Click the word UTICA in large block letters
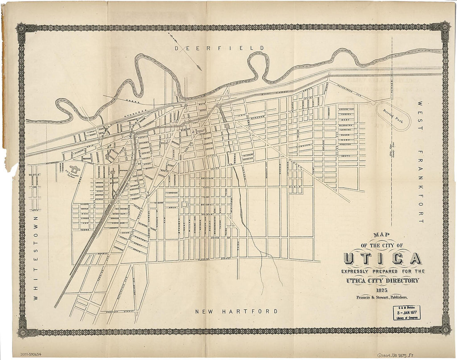382,258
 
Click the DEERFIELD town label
219,48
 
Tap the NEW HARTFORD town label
236,311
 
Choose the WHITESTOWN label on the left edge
35,257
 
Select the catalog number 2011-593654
33,354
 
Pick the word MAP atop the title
382,235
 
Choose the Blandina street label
346,124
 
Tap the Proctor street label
346,144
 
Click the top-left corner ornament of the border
21,28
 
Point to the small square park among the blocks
184,205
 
